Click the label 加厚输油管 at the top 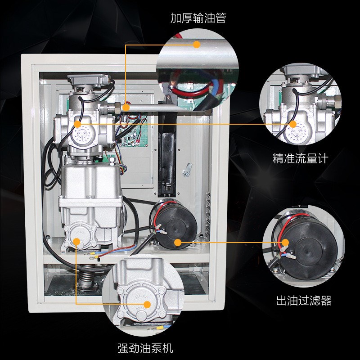click(198, 18)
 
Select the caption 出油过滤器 click(304, 301)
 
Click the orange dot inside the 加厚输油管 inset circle click(197, 44)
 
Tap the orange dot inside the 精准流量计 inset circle click(293, 124)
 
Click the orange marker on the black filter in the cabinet click(178, 243)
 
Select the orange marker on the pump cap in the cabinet click(77, 242)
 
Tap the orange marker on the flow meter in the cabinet click(77, 124)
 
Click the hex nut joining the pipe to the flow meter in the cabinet click(115, 108)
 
